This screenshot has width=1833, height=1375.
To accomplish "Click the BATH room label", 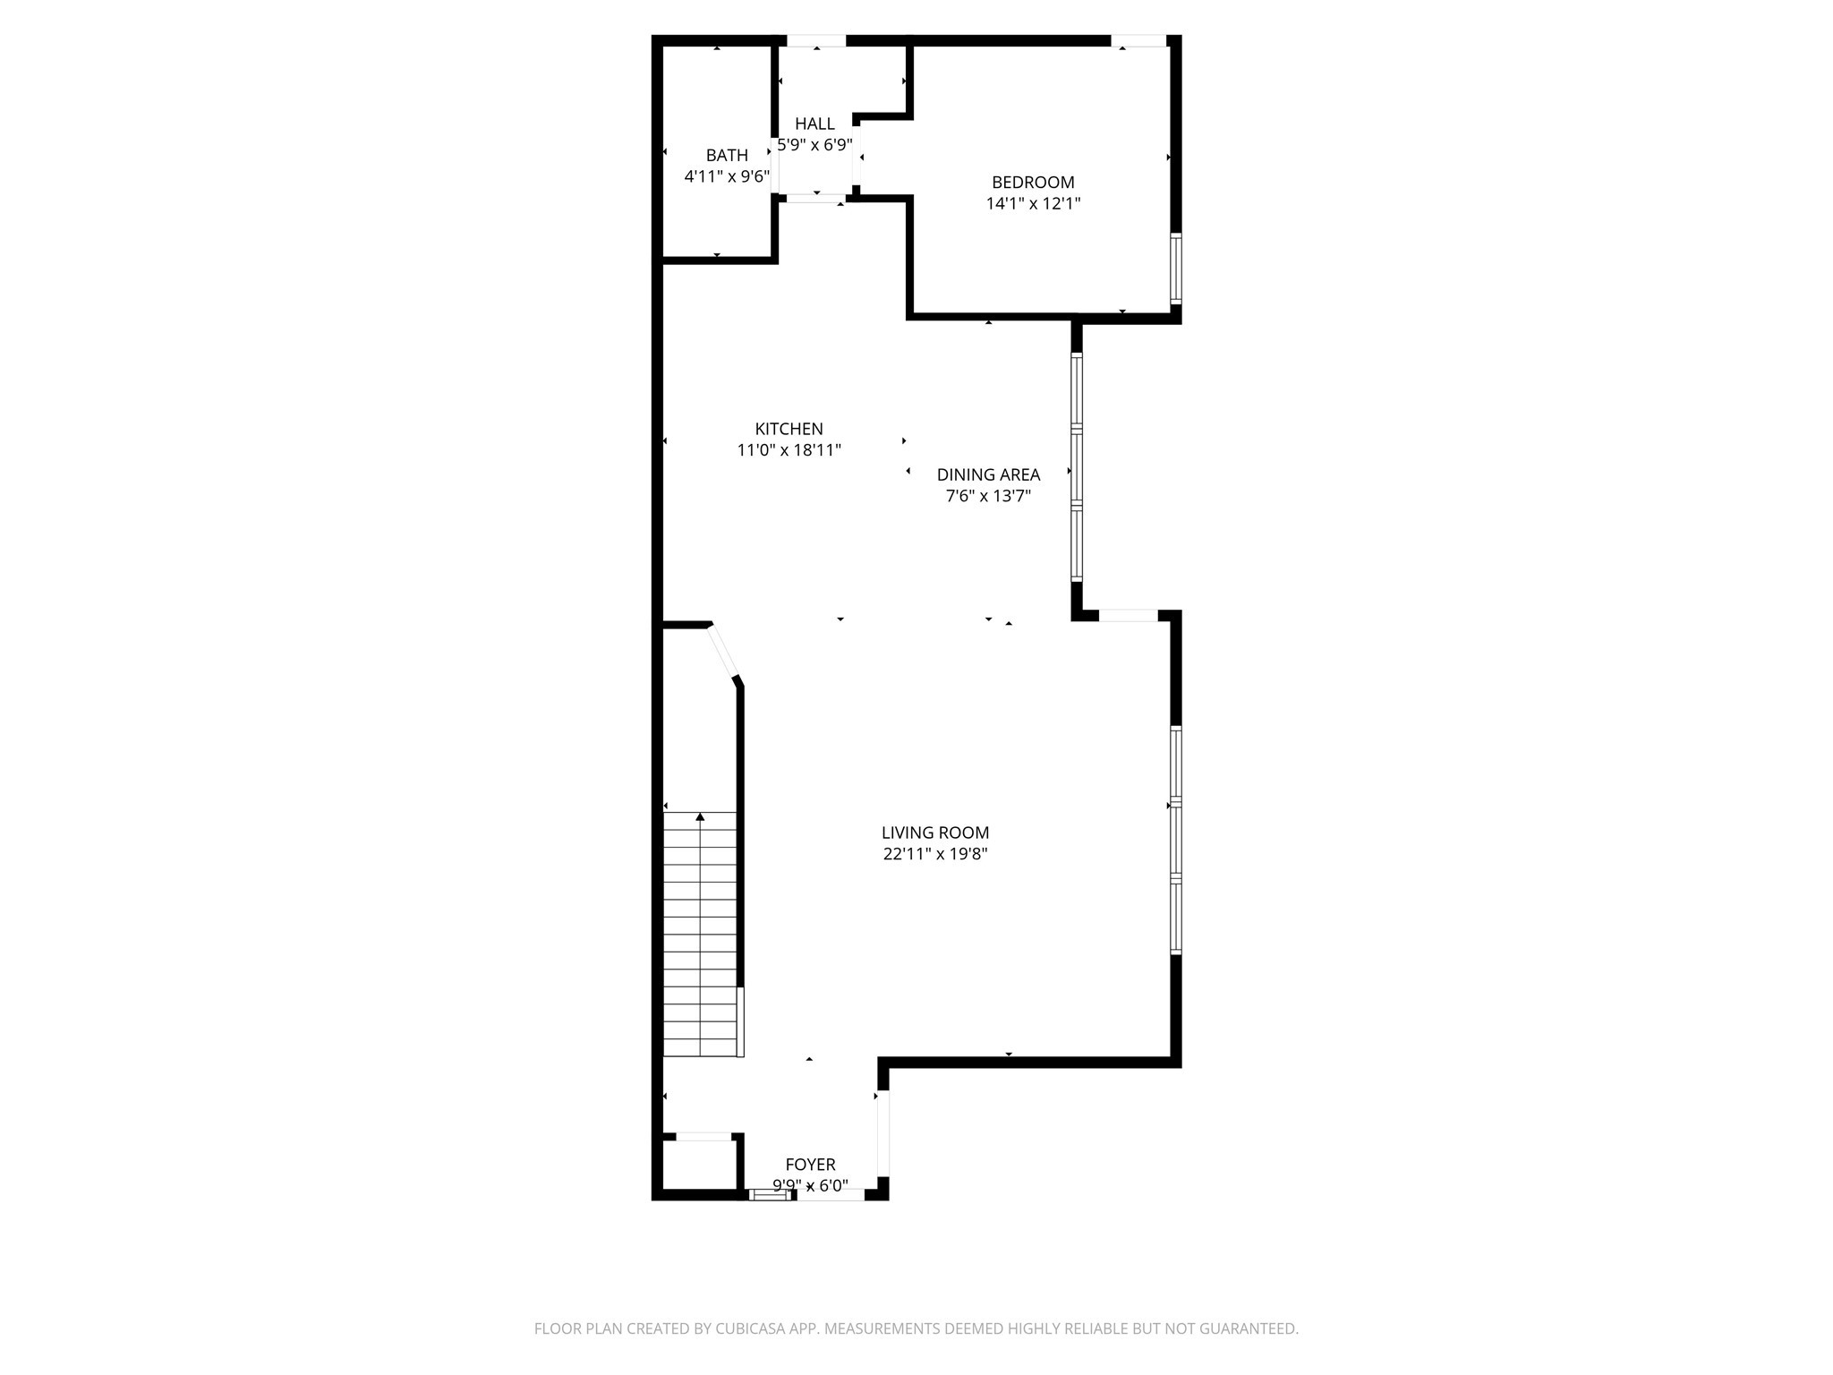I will pyautogui.click(x=726, y=156).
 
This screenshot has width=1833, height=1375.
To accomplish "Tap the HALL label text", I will pyautogui.click(x=814, y=124).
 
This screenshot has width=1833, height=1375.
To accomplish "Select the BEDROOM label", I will pyautogui.click(x=1033, y=183).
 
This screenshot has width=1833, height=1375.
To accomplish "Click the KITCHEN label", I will pyautogui.click(x=789, y=429).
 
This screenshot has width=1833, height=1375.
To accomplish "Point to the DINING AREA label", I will pyautogui.click(x=988, y=475).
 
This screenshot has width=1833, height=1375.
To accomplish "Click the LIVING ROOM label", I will pyautogui.click(x=934, y=833).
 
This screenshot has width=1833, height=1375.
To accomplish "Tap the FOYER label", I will pyautogui.click(x=810, y=1165).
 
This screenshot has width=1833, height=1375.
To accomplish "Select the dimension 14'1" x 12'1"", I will pyautogui.click(x=1033, y=204).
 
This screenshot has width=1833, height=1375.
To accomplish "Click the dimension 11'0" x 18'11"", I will pyautogui.click(x=789, y=450).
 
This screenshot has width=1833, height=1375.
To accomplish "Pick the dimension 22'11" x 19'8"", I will pyautogui.click(x=934, y=855).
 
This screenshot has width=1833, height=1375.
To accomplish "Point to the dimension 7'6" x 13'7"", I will pyautogui.click(x=988, y=497).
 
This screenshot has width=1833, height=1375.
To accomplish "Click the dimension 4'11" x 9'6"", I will pyautogui.click(x=726, y=177).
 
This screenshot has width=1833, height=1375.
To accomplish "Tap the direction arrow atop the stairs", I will pyautogui.click(x=700, y=817).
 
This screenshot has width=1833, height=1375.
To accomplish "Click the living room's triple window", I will pyautogui.click(x=1176, y=840).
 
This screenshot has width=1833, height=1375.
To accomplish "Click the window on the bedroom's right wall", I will pyautogui.click(x=1176, y=269).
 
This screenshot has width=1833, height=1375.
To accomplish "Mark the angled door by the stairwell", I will pyautogui.click(x=723, y=651).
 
